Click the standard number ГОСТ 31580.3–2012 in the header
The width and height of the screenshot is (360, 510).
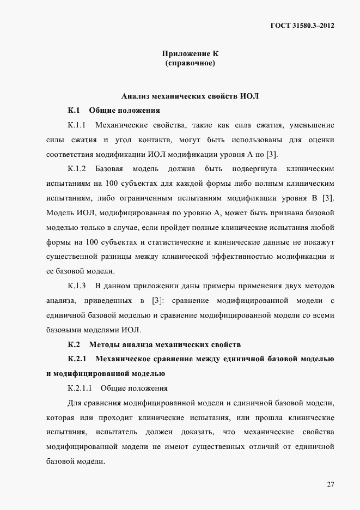pos(301,25)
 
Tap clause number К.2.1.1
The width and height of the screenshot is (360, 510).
pos(80,388)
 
